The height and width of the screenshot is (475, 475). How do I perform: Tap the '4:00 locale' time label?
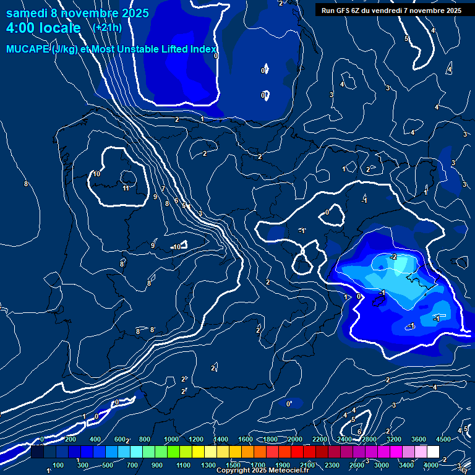(x=43, y=28)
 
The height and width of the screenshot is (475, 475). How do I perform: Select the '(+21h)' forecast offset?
(x=107, y=27)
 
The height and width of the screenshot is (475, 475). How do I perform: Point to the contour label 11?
(x=126, y=188)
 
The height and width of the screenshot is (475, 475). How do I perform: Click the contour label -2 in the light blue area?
(x=393, y=256)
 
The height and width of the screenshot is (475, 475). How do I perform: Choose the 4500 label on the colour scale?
(x=443, y=439)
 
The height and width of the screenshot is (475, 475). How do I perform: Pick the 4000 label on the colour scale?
(x=431, y=465)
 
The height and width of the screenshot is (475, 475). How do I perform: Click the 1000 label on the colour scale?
(x=171, y=439)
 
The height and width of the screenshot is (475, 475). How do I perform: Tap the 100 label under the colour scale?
(x=58, y=465)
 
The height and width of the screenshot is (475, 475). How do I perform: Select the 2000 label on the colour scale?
(x=294, y=439)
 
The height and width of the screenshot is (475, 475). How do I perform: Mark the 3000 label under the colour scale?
(x=382, y=465)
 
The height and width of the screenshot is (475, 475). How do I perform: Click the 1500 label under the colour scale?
(x=233, y=465)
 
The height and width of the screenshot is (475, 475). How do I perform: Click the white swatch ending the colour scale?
(x=433, y=452)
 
